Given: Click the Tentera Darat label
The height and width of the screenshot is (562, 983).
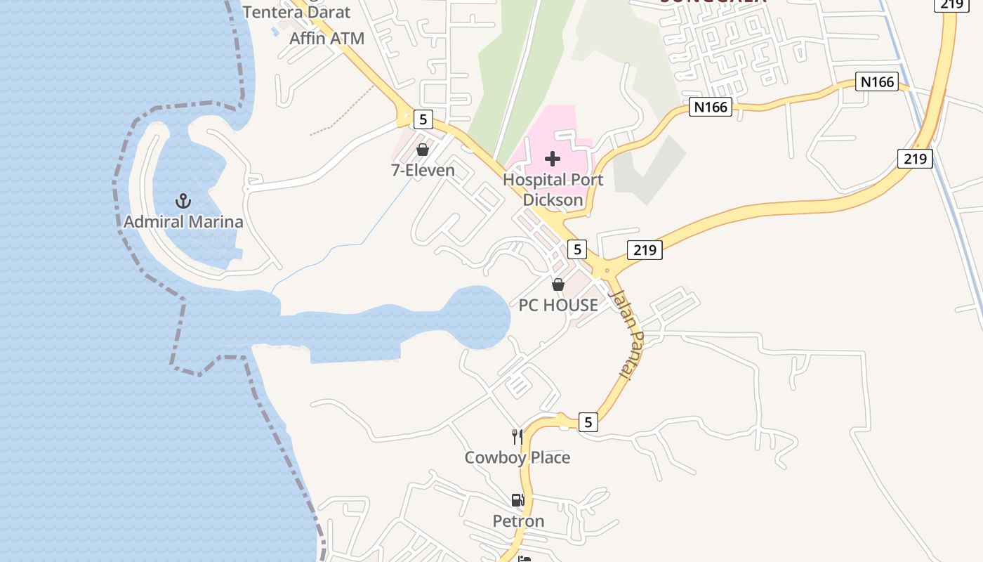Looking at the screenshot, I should coord(296,12).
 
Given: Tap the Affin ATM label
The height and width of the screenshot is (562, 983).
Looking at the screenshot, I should coord(327,38).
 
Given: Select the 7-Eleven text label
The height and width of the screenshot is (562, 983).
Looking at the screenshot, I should coord(423,170).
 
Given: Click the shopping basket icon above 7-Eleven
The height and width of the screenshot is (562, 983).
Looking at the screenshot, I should coord(423,150).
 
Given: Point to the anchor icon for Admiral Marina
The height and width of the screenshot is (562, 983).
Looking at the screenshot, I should coord(183,202).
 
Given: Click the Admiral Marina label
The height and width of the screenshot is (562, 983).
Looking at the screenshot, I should coord(183,222).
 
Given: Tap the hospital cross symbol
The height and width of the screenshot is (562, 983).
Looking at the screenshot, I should coord(553,158).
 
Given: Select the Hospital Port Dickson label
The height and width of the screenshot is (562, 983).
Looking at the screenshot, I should coord(553,190).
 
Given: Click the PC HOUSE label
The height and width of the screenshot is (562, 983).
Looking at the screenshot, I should coord(558,305).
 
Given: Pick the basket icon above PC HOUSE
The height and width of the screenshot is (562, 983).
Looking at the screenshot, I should coord(558,285).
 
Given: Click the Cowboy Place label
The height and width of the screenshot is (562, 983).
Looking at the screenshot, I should coord(517,457).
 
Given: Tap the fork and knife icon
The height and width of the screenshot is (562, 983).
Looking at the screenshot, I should coord(517,437).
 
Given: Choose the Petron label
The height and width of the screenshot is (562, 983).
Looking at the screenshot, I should coord(518,521).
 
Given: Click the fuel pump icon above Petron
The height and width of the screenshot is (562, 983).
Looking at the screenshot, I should coord(517,500).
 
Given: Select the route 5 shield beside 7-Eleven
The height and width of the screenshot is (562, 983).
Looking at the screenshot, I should coord(423,119).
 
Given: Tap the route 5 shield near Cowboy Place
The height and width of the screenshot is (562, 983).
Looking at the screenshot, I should coord(588,422).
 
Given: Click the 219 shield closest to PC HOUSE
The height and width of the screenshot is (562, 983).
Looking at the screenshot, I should coord(644,249).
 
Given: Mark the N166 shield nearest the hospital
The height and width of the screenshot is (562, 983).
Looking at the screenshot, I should coord(711,107).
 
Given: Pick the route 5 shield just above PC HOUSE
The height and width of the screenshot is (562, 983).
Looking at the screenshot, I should coord(576,249).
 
